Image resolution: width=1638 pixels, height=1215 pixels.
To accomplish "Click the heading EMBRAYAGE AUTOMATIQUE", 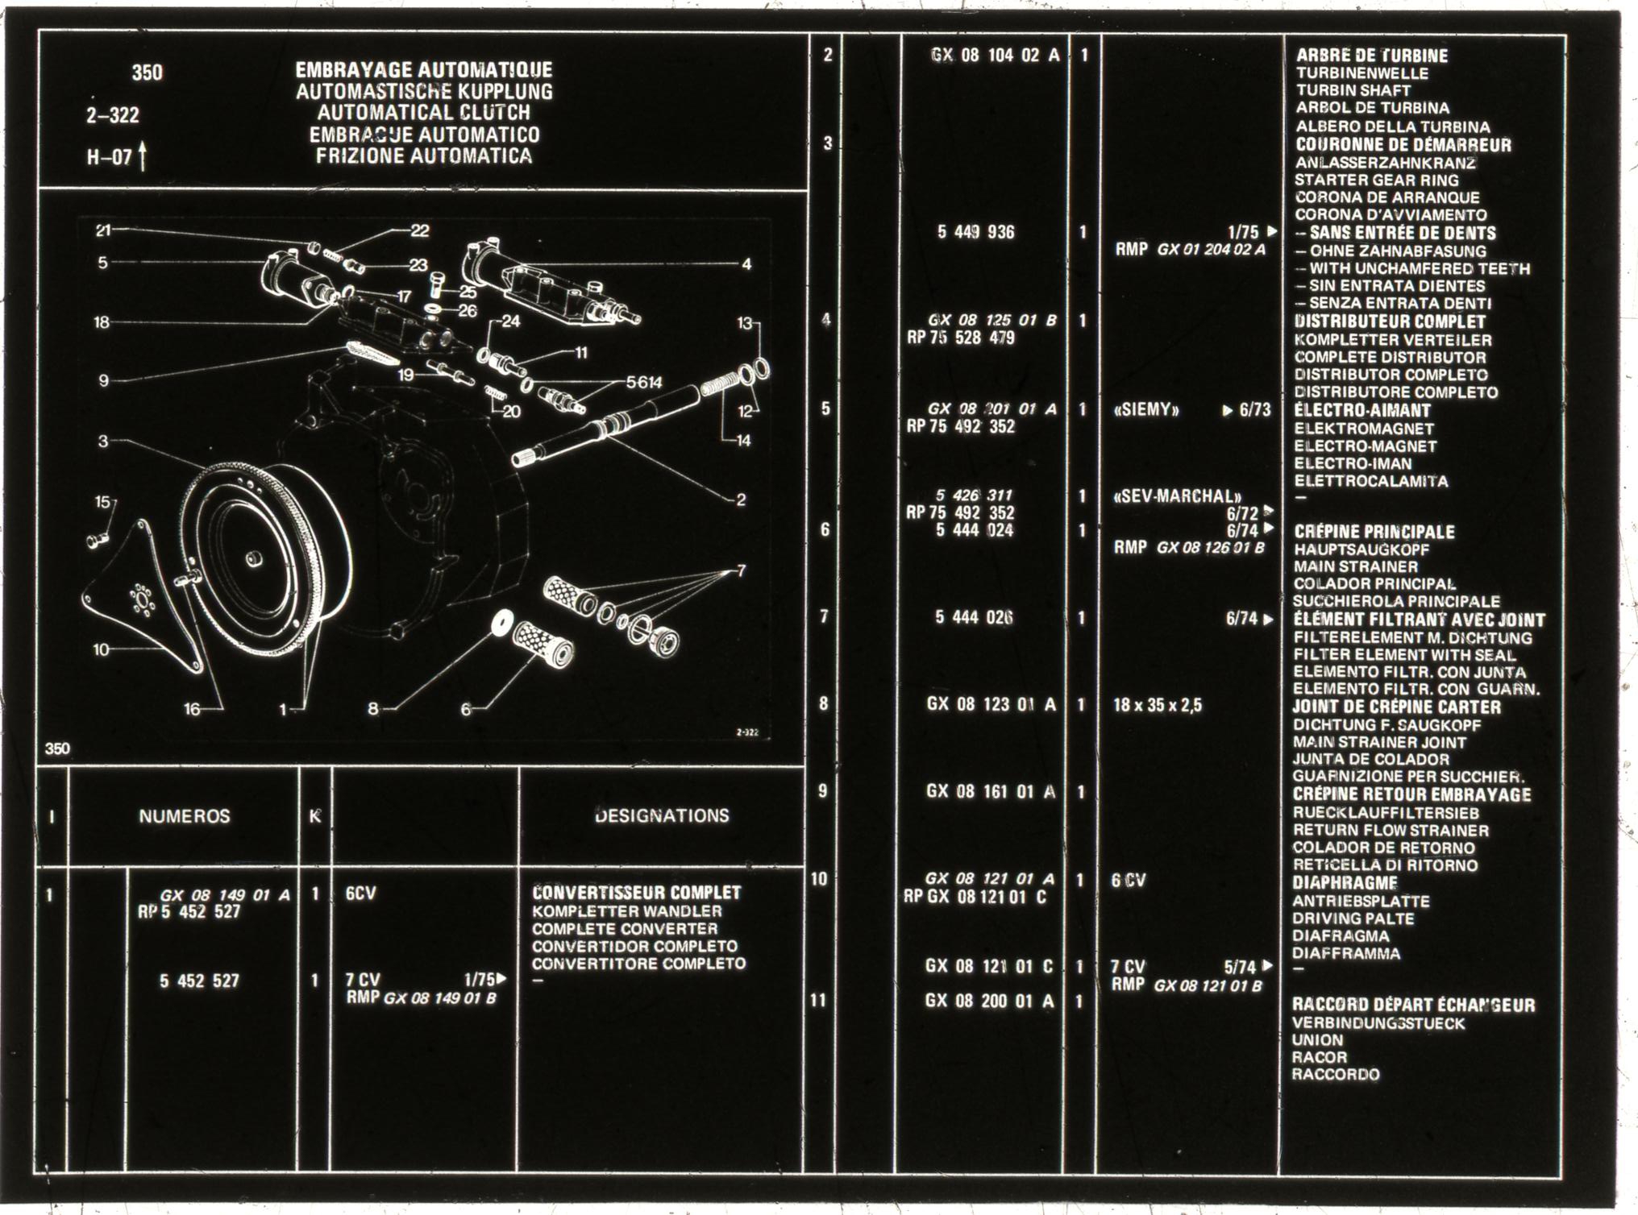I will pyautogui.click(x=424, y=70).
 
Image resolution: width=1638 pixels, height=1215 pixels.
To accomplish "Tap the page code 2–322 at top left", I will pyautogui.click(x=113, y=115).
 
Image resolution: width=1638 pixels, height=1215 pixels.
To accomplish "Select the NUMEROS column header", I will pyautogui.click(x=184, y=816).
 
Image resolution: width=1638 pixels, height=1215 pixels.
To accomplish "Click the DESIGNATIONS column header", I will pyautogui.click(x=662, y=815).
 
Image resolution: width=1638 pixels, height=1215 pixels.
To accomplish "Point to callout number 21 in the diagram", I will pyautogui.click(x=103, y=230).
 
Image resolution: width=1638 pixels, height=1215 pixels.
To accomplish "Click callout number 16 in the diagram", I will pyautogui.click(x=192, y=709).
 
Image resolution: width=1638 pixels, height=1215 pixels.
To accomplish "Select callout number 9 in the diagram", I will pyautogui.click(x=103, y=379).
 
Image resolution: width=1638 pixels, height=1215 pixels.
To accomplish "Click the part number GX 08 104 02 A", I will pyautogui.click(x=995, y=56).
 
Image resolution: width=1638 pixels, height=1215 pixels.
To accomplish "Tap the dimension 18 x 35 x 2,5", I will pyautogui.click(x=1158, y=706).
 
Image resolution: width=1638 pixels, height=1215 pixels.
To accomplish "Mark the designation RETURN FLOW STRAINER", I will pyautogui.click(x=1391, y=830).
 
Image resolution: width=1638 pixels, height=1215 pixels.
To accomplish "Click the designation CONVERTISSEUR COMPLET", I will pyautogui.click(x=637, y=893).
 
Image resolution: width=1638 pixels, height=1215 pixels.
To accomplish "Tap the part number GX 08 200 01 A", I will pyautogui.click(x=990, y=1001).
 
